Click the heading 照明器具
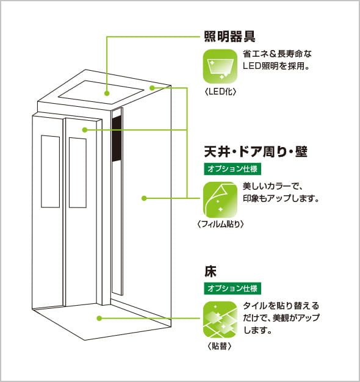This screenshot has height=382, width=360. pyautogui.click(x=229, y=37)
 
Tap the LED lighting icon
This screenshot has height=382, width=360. pyautogui.click(x=220, y=67)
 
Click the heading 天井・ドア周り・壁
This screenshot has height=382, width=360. pyautogui.click(x=256, y=152)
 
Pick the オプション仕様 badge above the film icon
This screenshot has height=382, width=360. pyautogui.click(x=232, y=169)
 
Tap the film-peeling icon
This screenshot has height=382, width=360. pyautogui.click(x=220, y=200)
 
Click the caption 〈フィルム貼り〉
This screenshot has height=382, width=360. pyautogui.click(x=220, y=224)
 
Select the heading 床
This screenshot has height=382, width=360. pyautogui.click(x=211, y=272)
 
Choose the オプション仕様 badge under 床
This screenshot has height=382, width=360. pyautogui.click(x=232, y=289)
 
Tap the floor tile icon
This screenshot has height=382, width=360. pyautogui.click(x=220, y=319)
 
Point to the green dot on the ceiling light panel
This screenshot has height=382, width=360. pyautogui.click(x=107, y=93)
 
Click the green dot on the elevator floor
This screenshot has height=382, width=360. pyautogui.click(x=99, y=318)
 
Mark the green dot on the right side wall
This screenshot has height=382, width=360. pyautogui.click(x=144, y=198)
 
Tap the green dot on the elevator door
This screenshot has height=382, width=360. pyautogui.click(x=85, y=130)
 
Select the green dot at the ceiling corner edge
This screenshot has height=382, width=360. pyautogui.click(x=152, y=88)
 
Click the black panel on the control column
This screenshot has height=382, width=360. pyautogui.click(x=117, y=139)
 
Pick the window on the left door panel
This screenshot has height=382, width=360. pyautogui.click(x=51, y=171)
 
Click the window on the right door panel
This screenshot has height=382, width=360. pyautogui.click(x=77, y=173)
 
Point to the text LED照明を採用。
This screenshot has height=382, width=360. pyautogui.click(x=276, y=66)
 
